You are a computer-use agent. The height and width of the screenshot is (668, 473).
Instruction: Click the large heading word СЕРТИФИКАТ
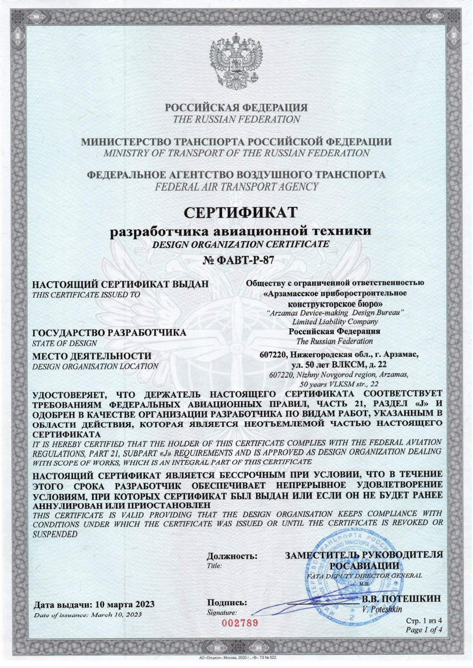240,213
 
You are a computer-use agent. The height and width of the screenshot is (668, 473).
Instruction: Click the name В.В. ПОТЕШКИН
401,599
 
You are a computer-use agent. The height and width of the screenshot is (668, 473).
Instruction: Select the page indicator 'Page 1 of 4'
424,630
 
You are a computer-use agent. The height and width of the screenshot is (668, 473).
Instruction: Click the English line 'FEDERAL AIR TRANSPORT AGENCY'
236,187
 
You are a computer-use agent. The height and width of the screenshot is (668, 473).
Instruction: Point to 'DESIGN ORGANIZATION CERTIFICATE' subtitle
240,244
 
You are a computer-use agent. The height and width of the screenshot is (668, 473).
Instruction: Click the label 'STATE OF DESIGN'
64,343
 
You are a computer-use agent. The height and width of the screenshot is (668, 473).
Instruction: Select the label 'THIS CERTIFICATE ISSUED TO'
86,294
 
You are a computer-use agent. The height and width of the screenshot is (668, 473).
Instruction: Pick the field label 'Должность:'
232,556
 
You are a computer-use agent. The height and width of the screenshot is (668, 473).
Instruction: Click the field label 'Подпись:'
227,603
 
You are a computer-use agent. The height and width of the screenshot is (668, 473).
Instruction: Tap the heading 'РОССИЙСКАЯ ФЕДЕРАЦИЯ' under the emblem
236,107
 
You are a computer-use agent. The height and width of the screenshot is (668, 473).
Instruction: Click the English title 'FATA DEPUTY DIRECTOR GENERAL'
363,576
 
